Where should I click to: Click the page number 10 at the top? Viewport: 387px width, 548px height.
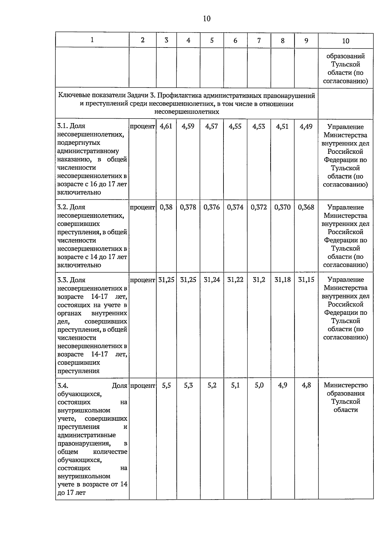pos(207,18)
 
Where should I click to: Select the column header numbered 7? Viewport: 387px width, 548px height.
pos(259,40)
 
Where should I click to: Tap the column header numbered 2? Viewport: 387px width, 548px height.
pos(143,40)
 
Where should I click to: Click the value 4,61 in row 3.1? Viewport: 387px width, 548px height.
pos(166,126)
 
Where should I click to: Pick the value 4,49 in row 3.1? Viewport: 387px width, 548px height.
pos(306,126)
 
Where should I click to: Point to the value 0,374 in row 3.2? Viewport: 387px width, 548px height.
pos(235,207)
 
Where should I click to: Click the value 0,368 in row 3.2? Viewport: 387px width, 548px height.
pos(306,207)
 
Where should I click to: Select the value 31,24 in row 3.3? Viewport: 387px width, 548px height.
pos(212,279)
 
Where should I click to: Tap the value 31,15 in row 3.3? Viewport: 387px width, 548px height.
pos(306,279)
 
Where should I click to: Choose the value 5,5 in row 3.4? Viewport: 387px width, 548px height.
pos(166,385)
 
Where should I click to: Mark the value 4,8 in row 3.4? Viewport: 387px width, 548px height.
pos(306,385)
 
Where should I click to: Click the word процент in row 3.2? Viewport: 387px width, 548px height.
pos(142,207)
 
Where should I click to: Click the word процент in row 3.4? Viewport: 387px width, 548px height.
pos(142,385)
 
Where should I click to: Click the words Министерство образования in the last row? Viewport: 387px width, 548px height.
pos(346,389)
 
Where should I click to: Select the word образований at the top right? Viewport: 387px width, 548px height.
pos(345,56)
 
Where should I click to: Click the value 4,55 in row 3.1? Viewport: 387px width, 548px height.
pos(235,126)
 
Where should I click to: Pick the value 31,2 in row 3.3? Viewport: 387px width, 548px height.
pos(259,279)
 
